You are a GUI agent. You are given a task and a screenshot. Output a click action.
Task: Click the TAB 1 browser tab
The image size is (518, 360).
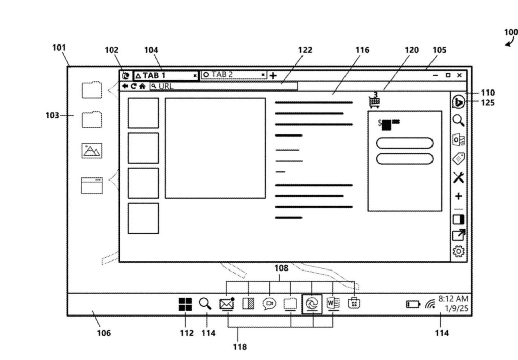pyautogui.click(x=165, y=75)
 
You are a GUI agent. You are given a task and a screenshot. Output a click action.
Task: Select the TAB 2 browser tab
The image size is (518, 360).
pyautogui.click(x=233, y=75)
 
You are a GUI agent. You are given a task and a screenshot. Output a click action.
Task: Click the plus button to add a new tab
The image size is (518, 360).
pyautogui.click(x=273, y=75)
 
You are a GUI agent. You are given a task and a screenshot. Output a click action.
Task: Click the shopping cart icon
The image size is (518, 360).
pyautogui.click(x=374, y=101)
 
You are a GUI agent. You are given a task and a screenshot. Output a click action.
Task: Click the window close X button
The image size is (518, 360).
pyautogui.click(x=459, y=75)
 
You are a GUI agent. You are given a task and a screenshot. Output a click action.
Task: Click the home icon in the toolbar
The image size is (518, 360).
pyautogui.click(x=142, y=86)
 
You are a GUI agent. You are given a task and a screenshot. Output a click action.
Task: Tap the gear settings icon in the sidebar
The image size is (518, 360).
pyautogui.click(x=459, y=251)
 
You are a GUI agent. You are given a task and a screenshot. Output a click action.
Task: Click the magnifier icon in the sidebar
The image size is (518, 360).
pyautogui.click(x=458, y=120)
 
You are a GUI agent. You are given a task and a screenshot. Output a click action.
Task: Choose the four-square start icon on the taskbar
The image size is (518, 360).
pyautogui.click(x=185, y=304)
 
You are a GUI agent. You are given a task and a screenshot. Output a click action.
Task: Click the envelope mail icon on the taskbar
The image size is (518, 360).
pyautogui.click(x=226, y=304)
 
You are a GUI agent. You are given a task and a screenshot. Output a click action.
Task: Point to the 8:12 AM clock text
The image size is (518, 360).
pyautogui.click(x=453, y=299)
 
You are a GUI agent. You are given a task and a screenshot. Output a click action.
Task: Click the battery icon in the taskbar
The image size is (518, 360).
pyautogui.click(x=413, y=304)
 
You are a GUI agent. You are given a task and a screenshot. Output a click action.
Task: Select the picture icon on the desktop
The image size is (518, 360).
pyautogui.click(x=92, y=150)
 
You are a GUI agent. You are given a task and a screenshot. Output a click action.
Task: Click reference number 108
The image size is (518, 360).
pyautogui.click(x=281, y=268)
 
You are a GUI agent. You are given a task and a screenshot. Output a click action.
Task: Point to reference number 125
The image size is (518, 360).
pyautogui.click(x=488, y=103)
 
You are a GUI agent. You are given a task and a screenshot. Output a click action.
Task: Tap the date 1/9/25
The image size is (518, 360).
pyautogui.click(x=456, y=308)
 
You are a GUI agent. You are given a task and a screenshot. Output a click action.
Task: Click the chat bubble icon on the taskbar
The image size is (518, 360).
pyautogui.click(x=269, y=304)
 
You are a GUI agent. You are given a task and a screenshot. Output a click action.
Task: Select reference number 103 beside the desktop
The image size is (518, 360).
pyautogui.click(x=52, y=115)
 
